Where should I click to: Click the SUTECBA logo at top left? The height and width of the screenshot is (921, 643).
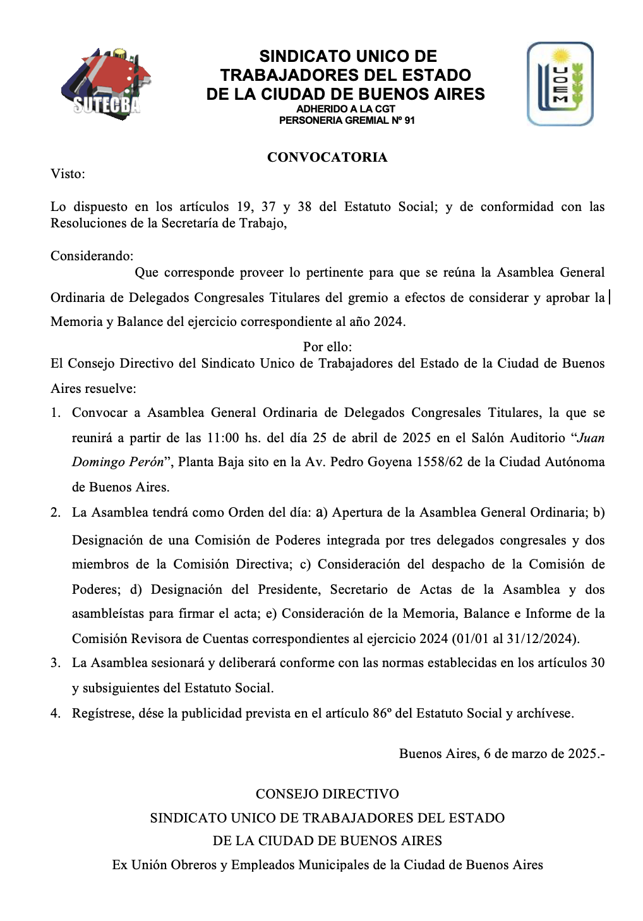tap(106, 84)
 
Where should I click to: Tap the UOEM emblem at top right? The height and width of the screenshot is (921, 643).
tap(560, 84)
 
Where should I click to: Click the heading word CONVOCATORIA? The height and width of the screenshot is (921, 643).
tap(327, 157)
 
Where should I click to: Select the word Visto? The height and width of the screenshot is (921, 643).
tap(66, 174)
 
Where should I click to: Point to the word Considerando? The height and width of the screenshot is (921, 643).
tap(91, 256)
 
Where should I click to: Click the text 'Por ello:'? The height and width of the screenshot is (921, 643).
tap(327, 346)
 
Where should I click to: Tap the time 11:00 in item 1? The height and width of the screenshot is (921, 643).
tap(223, 438)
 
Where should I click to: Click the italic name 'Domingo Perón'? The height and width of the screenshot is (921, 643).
tap(117, 462)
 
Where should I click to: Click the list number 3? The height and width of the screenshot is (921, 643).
tap(55, 663)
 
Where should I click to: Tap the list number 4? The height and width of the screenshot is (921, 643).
tap(55, 713)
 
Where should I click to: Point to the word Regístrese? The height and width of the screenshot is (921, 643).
tap(102, 713)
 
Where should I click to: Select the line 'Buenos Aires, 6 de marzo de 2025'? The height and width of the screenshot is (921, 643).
tap(502, 754)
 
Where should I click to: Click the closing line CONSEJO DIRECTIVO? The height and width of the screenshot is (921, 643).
tap(327, 794)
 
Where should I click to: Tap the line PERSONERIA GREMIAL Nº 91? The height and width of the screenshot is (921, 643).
tap(347, 120)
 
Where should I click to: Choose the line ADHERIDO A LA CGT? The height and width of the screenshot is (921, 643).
tap(346, 109)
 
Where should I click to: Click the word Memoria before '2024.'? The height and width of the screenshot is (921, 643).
tap(76, 322)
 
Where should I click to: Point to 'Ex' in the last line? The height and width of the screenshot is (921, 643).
tap(119, 865)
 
